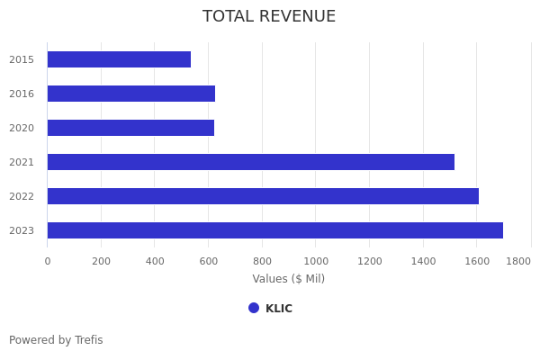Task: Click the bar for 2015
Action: click(119, 59)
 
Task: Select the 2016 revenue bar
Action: click(131, 94)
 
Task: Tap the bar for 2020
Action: click(130, 128)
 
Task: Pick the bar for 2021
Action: click(251, 162)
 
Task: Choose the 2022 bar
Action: click(263, 196)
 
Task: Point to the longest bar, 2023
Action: click(275, 230)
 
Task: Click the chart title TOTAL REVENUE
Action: click(269, 17)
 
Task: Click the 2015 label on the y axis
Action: click(22, 59)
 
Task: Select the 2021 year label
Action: click(22, 162)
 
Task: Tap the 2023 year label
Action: click(22, 230)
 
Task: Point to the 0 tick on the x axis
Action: click(48, 261)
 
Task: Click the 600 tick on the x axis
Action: click(208, 261)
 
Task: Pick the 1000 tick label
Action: click(315, 261)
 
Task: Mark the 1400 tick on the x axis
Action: click(423, 261)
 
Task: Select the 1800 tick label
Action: click(517, 261)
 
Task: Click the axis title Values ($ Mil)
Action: click(288, 279)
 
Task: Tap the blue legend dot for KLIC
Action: click(254, 308)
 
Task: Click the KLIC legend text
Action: click(279, 309)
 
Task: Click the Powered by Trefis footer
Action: click(56, 340)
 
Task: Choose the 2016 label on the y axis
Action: click(22, 94)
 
